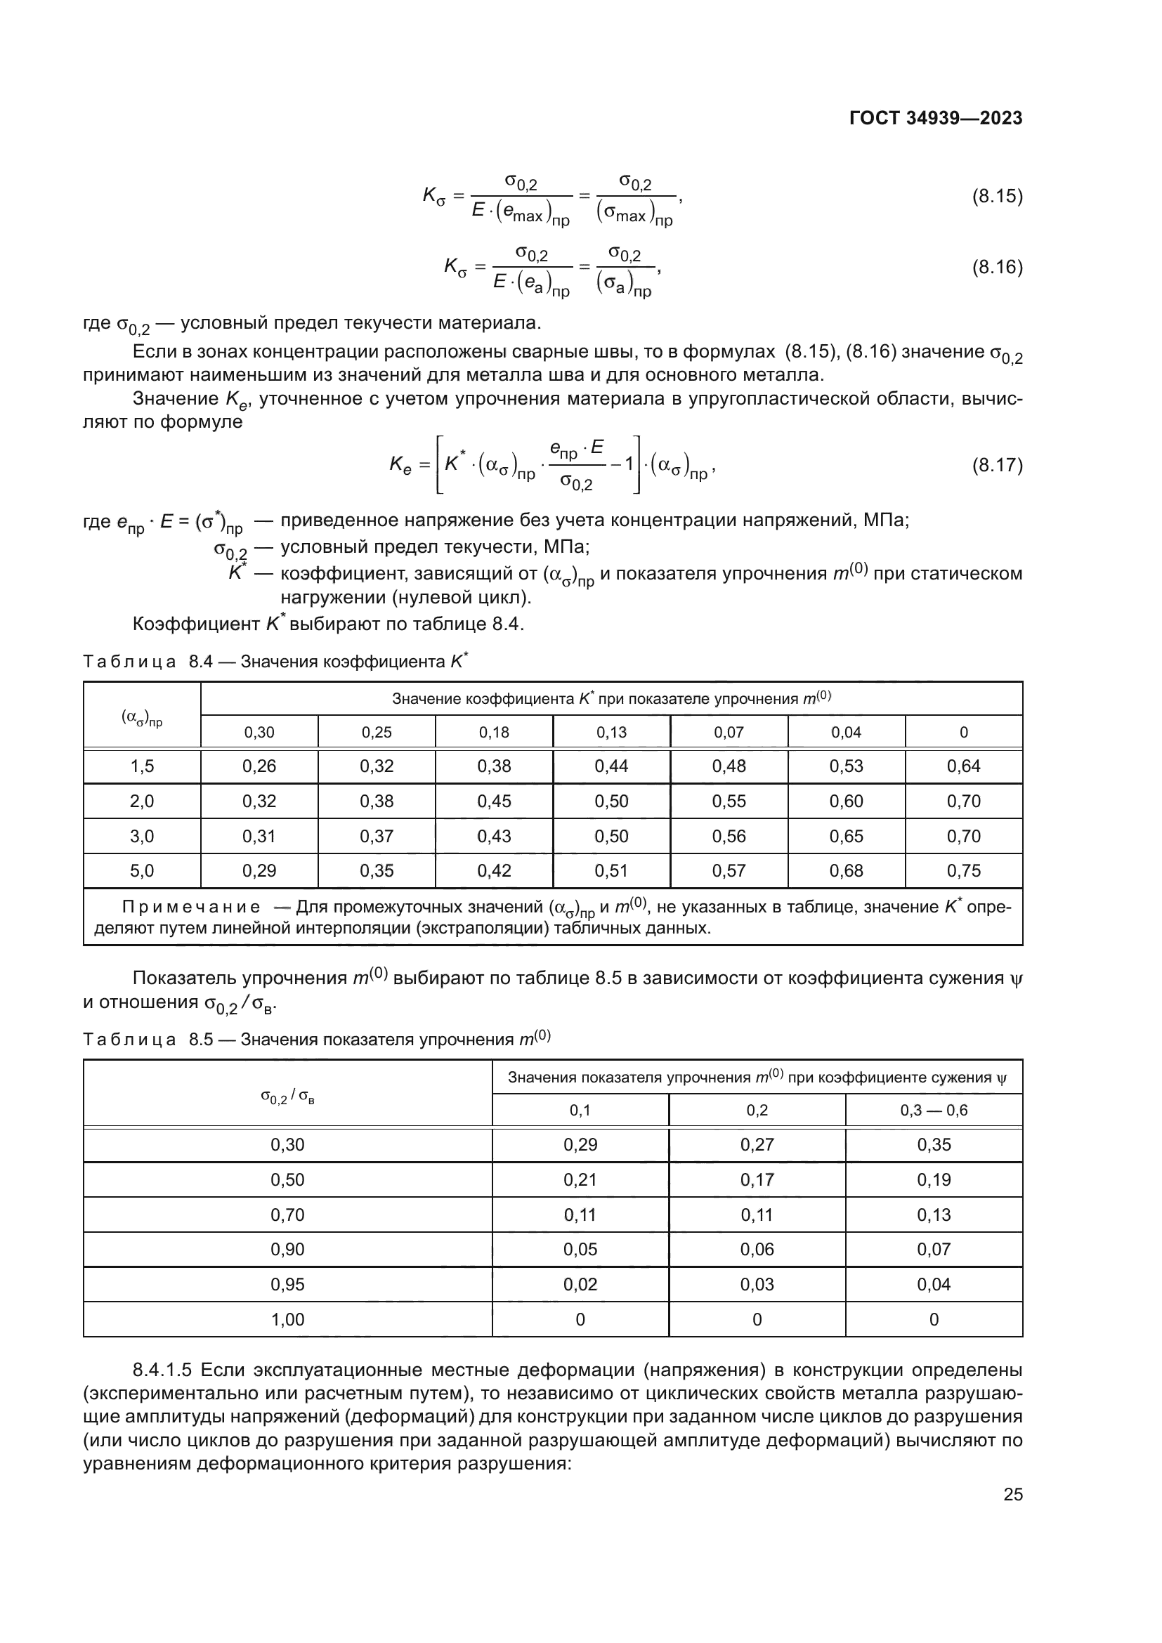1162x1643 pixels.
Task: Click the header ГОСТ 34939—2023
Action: [935, 119]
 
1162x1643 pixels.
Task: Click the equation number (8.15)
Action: [997, 196]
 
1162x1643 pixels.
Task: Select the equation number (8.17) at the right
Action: [997, 465]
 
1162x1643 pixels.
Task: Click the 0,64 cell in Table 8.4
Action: [963, 766]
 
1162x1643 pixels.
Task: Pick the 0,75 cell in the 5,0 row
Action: [963, 871]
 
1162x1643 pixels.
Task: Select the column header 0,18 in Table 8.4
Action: [494, 732]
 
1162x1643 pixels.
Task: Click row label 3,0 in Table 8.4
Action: [142, 836]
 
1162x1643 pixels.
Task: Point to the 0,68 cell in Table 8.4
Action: [846, 871]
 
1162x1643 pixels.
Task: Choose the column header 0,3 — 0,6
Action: [934, 1110]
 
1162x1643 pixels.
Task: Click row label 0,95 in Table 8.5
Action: [287, 1285]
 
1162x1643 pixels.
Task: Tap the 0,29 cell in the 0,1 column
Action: [580, 1145]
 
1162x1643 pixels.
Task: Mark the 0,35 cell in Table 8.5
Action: [934, 1145]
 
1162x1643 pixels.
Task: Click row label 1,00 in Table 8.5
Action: [287, 1320]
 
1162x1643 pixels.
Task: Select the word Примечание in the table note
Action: [191, 908]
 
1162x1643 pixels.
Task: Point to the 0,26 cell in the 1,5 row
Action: [259, 766]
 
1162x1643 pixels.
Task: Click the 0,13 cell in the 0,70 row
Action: [934, 1215]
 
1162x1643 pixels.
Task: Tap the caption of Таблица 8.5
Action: [316, 1039]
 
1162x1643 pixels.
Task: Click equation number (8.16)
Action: [997, 267]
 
